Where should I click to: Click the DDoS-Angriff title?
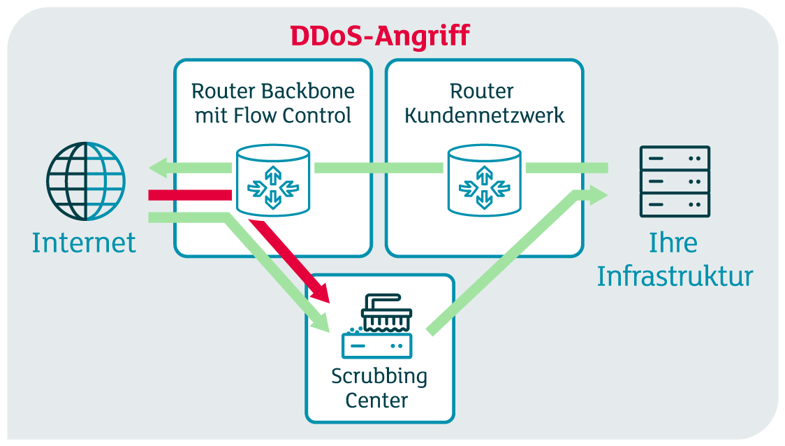[380, 35]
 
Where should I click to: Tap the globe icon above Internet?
[86, 180]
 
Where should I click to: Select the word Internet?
[84, 243]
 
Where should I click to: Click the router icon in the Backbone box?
[272, 180]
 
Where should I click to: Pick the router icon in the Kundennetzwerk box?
[484, 180]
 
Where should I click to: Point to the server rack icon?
[675, 181]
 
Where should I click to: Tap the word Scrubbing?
[379, 376]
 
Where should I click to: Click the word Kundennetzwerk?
[484, 115]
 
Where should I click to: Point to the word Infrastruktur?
[675, 276]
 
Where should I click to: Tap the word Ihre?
[673, 243]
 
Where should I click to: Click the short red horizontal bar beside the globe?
[189, 195]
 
